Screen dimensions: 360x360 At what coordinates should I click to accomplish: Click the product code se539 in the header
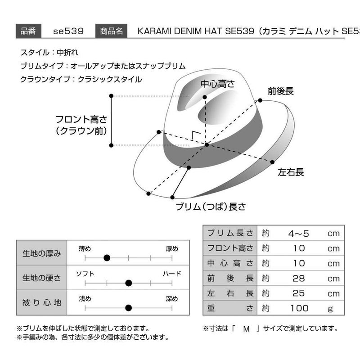pos(68,31)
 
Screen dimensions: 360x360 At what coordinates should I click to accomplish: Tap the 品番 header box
pos(28,31)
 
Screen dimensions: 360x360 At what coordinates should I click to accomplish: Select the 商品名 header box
pos(111,31)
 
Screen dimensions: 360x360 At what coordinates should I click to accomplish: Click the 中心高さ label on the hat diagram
pos(217,84)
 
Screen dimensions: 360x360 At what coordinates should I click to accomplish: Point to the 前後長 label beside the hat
pos(280,91)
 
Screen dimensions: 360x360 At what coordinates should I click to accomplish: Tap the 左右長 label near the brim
pos(291,172)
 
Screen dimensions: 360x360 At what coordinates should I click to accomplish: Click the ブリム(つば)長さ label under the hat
pos(211,207)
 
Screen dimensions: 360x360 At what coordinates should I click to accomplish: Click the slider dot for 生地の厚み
pos(107,258)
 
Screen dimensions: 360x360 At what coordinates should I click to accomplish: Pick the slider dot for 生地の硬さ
pos(129,283)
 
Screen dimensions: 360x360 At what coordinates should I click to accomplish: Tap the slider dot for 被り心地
pos(129,308)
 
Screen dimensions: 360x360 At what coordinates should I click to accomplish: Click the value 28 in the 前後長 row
pos(298,278)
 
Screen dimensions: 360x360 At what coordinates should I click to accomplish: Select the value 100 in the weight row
pos(299,308)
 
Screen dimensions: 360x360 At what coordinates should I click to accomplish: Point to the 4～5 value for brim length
pos(298,234)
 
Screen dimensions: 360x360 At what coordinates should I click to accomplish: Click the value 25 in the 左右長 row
pos(298,293)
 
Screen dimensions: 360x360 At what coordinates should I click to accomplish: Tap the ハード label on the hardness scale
pos(172,274)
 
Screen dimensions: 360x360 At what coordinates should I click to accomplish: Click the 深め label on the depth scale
pos(172,299)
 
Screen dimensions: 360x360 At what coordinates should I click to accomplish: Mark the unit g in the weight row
pos(330,309)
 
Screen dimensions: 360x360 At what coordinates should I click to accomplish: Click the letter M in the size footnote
pos(246,329)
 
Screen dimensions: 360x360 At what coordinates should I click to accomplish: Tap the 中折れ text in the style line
pos(67,53)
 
